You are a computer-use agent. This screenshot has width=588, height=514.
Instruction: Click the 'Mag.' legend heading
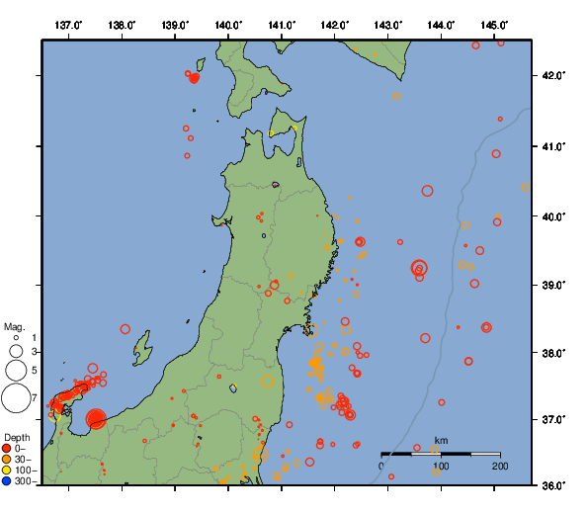click(14, 326)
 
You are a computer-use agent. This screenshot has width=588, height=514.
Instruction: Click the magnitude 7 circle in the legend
click(16, 398)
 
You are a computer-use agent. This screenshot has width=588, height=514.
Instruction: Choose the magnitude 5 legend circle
click(16, 370)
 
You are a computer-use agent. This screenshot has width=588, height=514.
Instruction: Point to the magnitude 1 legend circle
click(16, 338)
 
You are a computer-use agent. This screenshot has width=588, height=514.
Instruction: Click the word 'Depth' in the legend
click(17, 437)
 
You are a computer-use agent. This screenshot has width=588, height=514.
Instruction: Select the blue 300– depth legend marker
click(7, 481)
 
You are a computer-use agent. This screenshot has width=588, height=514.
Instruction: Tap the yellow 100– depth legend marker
click(7, 470)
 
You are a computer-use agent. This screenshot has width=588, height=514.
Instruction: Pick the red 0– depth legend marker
click(7, 448)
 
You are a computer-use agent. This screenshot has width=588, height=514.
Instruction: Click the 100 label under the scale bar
click(441, 465)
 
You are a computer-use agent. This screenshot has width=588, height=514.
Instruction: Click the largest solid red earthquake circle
click(96, 420)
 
